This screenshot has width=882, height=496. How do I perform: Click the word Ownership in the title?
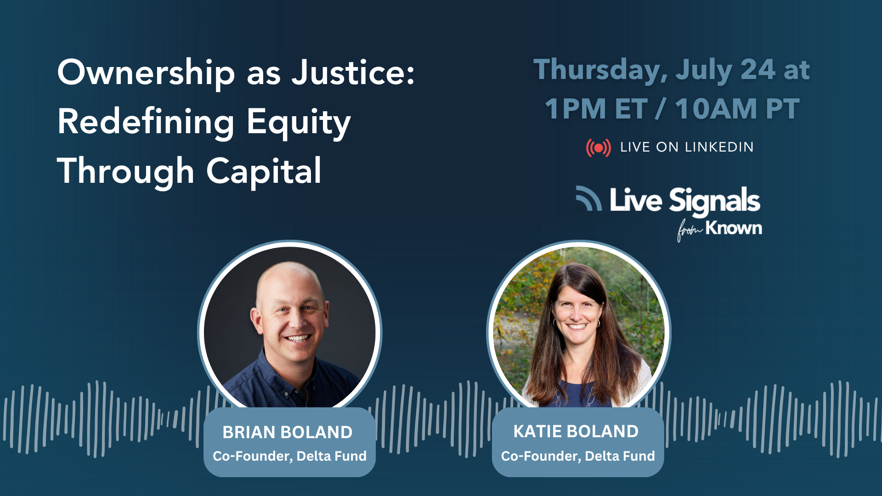[146, 73]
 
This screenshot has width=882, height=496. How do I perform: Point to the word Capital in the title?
[264, 171]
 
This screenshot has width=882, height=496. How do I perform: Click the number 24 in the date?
[758, 70]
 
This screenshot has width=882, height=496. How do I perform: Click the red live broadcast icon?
[598, 148]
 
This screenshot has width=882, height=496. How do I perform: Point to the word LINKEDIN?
[719, 147]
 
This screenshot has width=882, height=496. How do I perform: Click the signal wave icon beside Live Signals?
[589, 198]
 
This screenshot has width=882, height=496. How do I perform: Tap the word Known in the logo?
[734, 228]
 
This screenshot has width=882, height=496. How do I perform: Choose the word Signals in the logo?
[714, 201]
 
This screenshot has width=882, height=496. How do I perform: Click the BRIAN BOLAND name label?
[288, 432]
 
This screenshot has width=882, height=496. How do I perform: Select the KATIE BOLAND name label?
[576, 431]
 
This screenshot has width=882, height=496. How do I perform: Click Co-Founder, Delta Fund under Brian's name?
[289, 456]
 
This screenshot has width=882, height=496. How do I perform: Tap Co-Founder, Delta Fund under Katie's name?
[578, 456]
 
